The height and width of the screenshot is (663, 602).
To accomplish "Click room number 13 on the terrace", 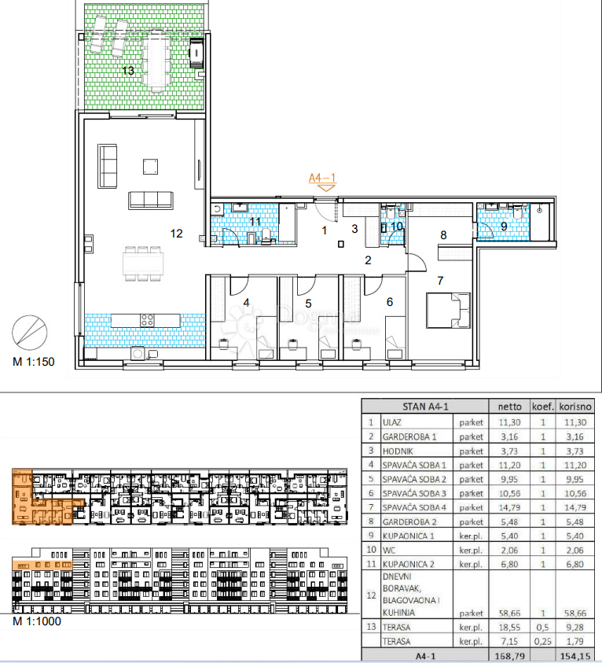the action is pyautogui.click(x=128, y=70).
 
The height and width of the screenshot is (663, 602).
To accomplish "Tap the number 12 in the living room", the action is pyautogui.click(x=177, y=234).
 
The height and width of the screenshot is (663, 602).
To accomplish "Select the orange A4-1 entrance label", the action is pyautogui.click(x=322, y=178).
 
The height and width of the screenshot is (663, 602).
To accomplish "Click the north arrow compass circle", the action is pyautogui.click(x=30, y=333).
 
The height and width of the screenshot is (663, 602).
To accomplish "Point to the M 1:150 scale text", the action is pyautogui.click(x=34, y=362).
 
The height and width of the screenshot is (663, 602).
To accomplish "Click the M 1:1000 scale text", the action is pyautogui.click(x=37, y=621).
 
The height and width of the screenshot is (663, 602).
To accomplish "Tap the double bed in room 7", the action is pyautogui.click(x=448, y=311).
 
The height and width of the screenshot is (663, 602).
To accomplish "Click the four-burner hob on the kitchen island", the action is pyautogui.click(x=147, y=320).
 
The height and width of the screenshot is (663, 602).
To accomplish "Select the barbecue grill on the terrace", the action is pyautogui.click(x=196, y=53).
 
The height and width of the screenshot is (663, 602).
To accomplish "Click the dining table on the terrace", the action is pyautogui.click(x=156, y=60).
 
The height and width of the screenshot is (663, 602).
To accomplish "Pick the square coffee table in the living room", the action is pyautogui.click(x=150, y=167).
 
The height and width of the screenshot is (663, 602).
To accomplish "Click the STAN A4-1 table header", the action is pyautogui.click(x=425, y=407).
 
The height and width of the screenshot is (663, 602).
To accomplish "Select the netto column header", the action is pyautogui.click(x=510, y=407).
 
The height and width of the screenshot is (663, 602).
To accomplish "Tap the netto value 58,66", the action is pyautogui.click(x=510, y=613).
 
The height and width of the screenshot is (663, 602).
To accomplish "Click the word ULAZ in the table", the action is pyautogui.click(x=392, y=422).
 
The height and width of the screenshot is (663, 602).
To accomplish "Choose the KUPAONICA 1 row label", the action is pyautogui.click(x=408, y=536).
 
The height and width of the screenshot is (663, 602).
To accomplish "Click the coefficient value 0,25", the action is pyautogui.click(x=543, y=642).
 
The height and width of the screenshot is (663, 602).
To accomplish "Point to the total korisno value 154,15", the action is pyautogui.click(x=575, y=656).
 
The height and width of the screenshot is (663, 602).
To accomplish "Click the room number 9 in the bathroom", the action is pyautogui.click(x=504, y=227).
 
